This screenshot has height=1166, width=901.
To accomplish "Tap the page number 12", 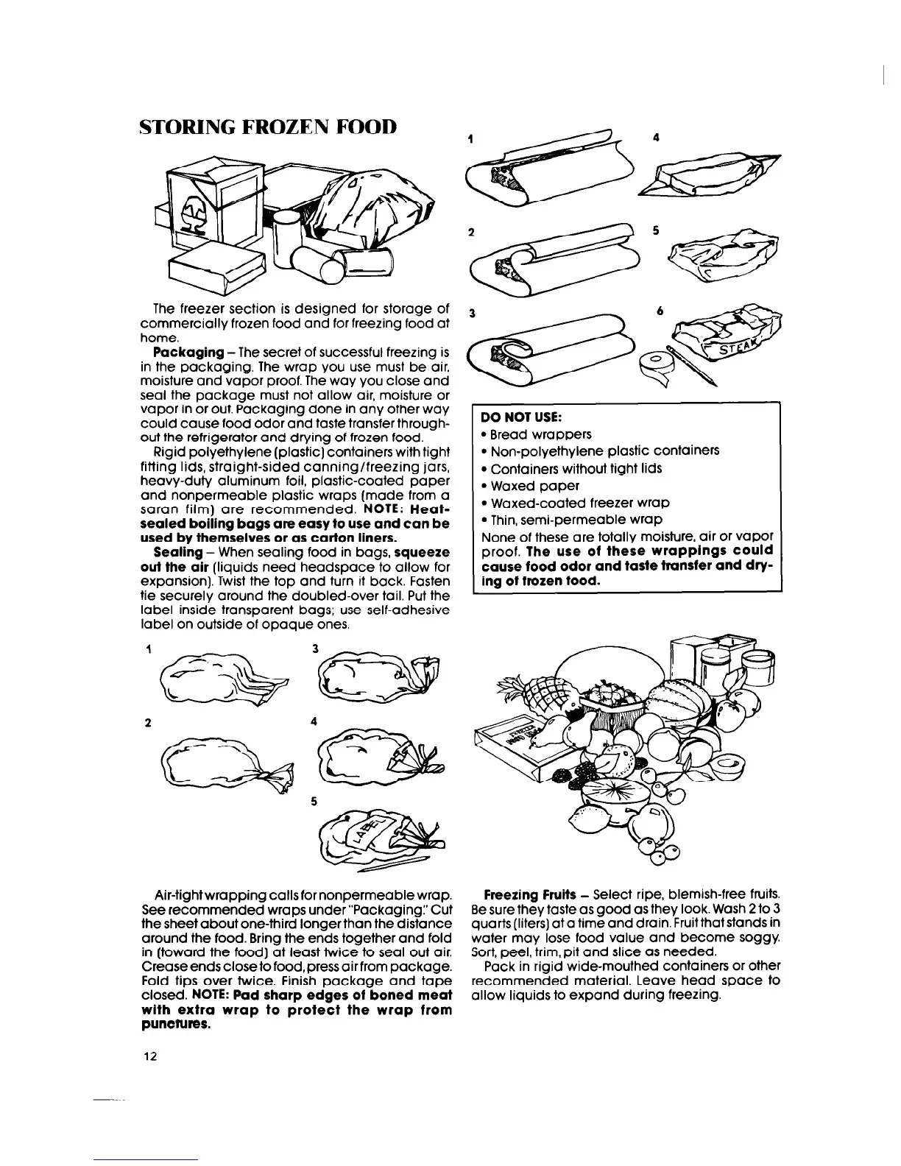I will tap(150, 1056).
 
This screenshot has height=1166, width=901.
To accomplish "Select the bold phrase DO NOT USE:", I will tap(525, 417).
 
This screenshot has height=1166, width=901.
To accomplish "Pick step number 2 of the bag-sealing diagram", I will tap(148, 722).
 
